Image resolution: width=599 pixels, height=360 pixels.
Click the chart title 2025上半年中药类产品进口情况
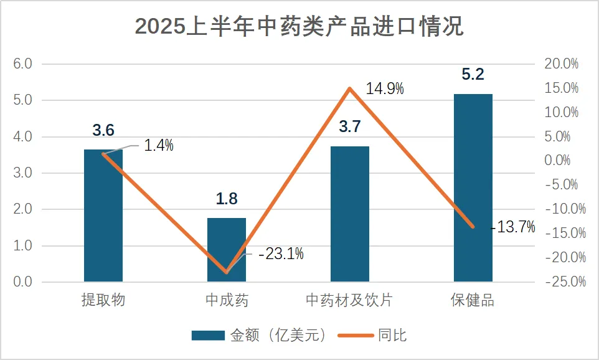[x=299, y=27]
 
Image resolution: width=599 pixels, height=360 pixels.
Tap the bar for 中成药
[x=227, y=250]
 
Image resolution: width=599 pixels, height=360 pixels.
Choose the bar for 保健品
[x=473, y=187]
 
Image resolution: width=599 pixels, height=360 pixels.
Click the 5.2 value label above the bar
[x=473, y=75]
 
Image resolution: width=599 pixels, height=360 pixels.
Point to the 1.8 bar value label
[x=227, y=199]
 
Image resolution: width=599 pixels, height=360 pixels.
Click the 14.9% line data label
[x=385, y=88]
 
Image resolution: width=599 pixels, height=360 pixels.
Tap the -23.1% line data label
[x=281, y=254]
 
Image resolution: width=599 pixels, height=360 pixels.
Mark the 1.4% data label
[x=159, y=146]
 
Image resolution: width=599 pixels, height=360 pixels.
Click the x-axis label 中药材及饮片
[x=349, y=300]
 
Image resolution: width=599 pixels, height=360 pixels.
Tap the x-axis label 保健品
[x=473, y=300]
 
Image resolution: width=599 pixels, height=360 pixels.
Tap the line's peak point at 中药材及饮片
[x=350, y=88]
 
